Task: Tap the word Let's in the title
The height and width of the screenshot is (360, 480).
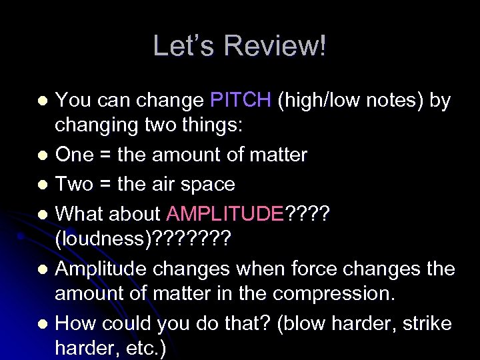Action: click(186, 46)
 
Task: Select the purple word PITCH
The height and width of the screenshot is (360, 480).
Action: click(241, 100)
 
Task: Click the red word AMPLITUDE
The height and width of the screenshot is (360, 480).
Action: click(225, 213)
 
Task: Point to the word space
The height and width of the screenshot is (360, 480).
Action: click(209, 184)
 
